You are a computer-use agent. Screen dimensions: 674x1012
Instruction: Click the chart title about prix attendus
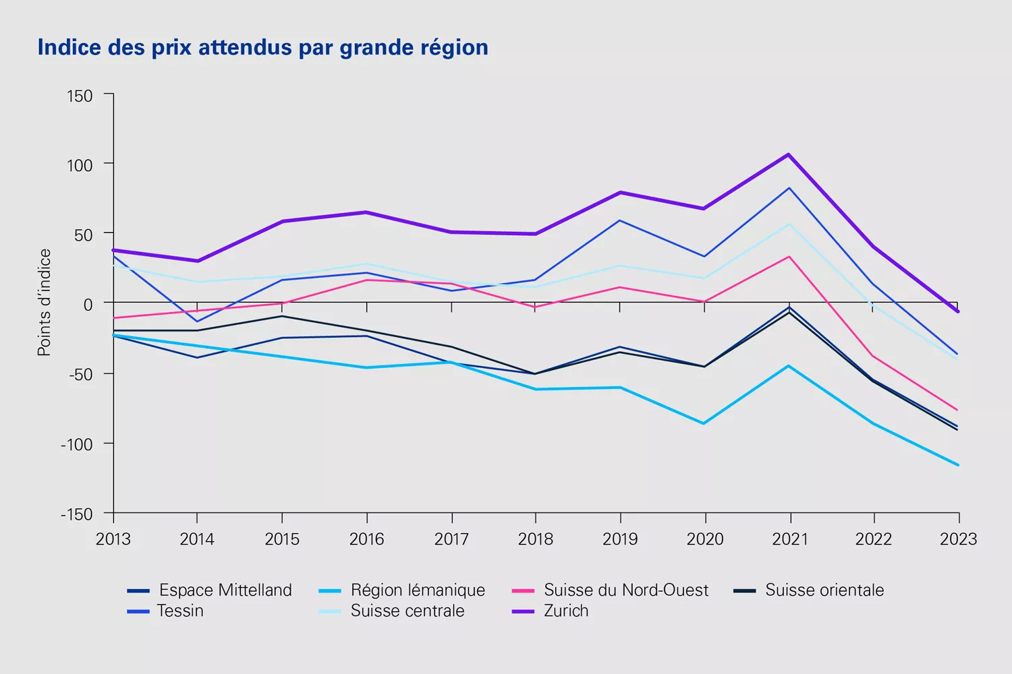262,48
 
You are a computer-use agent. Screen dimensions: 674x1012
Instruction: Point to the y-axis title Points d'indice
45,303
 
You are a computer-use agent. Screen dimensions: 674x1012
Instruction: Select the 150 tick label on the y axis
80,96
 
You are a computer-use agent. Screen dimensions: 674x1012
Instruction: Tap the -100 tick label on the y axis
76,444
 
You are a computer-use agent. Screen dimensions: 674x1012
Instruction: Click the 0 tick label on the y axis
88,305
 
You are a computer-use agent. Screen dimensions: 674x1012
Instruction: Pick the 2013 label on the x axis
113,539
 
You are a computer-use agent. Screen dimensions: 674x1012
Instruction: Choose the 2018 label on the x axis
536,539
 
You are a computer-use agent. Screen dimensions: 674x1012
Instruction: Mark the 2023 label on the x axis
958,539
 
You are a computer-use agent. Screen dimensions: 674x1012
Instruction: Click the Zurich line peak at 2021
789,154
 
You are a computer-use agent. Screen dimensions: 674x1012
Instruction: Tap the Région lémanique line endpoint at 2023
958,465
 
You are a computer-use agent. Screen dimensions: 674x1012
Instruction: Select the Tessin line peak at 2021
789,187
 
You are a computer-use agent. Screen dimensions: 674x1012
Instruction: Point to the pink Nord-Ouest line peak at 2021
789,256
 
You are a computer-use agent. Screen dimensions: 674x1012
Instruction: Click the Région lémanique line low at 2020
704,423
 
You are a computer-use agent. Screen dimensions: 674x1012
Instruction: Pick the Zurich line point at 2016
367,212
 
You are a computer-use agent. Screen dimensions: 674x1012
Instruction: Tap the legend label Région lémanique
418,590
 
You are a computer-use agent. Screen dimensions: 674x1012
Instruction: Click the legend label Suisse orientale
824,590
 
